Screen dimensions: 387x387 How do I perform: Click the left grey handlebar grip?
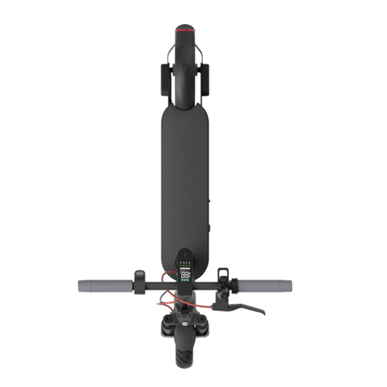[x=104, y=286]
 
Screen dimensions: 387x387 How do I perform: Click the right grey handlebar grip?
[x=265, y=286]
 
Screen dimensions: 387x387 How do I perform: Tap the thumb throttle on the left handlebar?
[x=140, y=276]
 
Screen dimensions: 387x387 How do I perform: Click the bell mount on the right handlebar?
[x=223, y=274]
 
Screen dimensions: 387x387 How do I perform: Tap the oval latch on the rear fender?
[x=185, y=69]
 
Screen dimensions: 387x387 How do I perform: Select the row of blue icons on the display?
[x=186, y=281]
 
